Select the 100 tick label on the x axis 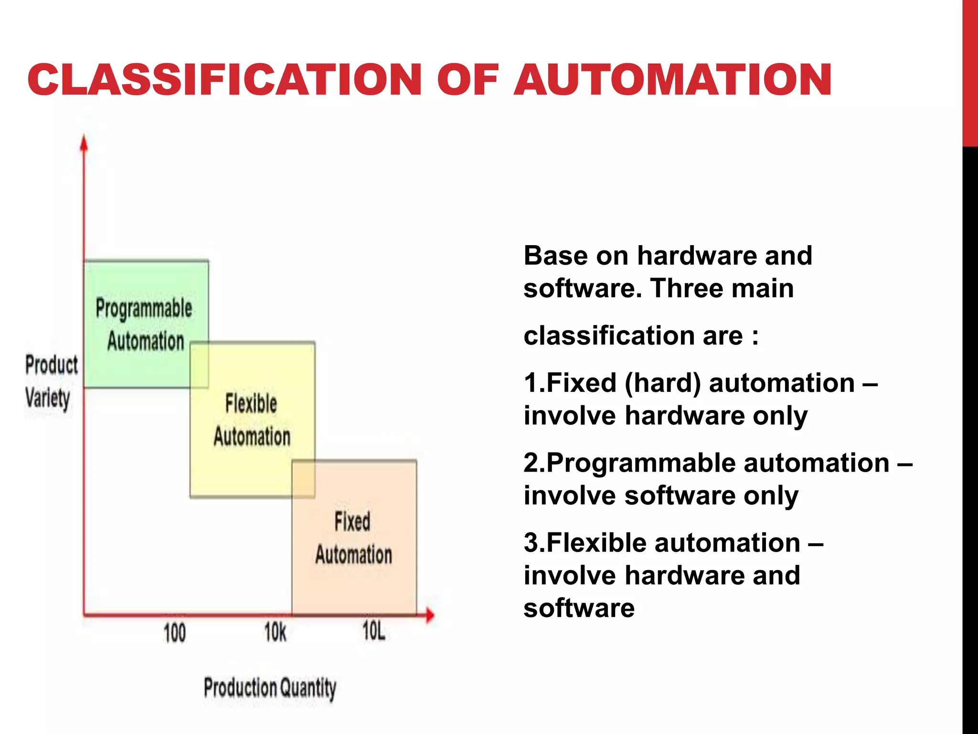tap(174, 633)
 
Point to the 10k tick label tap(276, 632)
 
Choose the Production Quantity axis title tap(270, 688)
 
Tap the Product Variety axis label tap(51, 381)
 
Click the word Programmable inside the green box tap(144, 308)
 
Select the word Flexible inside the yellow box tap(251, 403)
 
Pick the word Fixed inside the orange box tap(352, 521)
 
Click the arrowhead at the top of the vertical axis tap(84, 143)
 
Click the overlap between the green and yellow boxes tap(199, 365)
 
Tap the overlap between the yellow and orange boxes tap(303, 478)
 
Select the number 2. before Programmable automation tap(534, 463)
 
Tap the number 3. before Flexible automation tap(534, 543)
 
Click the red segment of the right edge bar tap(970, 72)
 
